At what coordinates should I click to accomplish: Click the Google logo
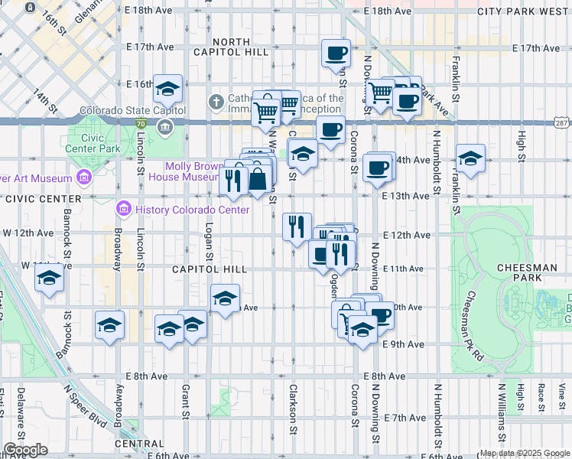[25, 450]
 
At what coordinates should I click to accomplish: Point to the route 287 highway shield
[562, 122]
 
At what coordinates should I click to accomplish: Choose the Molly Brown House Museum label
[193, 171]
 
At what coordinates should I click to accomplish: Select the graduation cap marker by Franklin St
[470, 159]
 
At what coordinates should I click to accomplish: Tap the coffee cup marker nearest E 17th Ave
[336, 54]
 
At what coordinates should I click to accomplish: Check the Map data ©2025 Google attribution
[524, 453]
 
